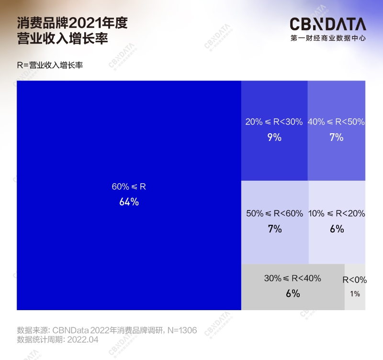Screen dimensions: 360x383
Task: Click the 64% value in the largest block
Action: (x=129, y=202)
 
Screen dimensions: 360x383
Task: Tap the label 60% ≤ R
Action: (x=129, y=186)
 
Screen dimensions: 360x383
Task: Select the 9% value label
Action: (x=274, y=138)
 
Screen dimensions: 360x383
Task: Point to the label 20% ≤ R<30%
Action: (x=274, y=122)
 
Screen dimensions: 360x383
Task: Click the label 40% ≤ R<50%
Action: (x=337, y=122)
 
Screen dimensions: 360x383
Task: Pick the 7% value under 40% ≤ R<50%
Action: (x=337, y=138)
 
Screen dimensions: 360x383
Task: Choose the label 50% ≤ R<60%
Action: (x=275, y=213)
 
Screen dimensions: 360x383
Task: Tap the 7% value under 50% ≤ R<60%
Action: (x=275, y=229)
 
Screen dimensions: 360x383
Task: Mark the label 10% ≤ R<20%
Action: (x=337, y=213)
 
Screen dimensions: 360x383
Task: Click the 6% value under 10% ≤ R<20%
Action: (x=337, y=229)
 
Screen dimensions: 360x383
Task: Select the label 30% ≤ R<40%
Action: (x=293, y=278)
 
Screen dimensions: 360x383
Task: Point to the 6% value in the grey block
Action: (x=293, y=293)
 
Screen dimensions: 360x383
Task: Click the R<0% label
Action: (x=355, y=279)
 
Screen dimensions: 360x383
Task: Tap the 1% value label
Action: (x=355, y=293)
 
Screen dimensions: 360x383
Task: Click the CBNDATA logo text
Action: (x=328, y=24)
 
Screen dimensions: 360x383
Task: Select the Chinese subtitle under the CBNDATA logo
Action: (x=328, y=38)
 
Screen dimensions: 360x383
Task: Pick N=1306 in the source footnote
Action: (x=182, y=330)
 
